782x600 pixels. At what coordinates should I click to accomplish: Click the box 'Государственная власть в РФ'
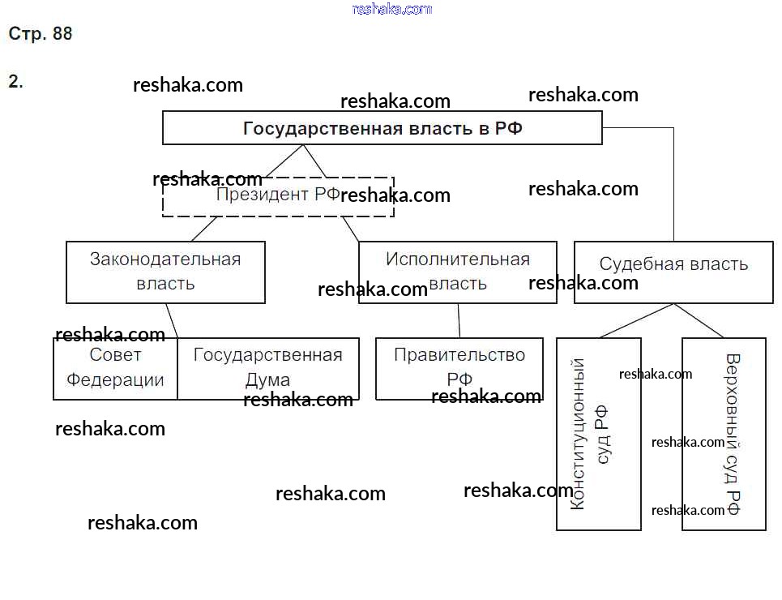point(382,128)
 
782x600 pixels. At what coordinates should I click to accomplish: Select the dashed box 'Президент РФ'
point(278,196)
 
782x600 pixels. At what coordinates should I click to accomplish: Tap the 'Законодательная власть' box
point(165,272)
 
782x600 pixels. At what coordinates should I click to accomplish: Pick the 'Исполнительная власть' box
point(457,272)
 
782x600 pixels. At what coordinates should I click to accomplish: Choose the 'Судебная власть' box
point(673,272)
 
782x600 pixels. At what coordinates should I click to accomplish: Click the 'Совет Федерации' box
point(115,368)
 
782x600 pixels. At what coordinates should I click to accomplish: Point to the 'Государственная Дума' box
point(267,368)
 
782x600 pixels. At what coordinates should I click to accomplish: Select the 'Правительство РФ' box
point(459,368)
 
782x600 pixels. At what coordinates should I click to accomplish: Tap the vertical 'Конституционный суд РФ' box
point(598,434)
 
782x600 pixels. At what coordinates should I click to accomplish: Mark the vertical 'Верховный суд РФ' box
point(724,434)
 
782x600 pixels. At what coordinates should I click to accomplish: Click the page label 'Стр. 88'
point(40,34)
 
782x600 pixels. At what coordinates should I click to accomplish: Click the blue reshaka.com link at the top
point(392,9)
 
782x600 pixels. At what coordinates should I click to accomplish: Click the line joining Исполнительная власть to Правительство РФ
point(459,320)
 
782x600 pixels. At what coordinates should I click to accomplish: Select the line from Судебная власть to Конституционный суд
point(635,321)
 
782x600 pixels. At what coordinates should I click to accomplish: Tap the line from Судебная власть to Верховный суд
point(699,321)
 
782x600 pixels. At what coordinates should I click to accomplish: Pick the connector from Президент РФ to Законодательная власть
point(205,229)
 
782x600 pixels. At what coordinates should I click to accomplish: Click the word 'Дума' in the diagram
point(267,379)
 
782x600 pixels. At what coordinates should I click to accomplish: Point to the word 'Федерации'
point(115,379)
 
